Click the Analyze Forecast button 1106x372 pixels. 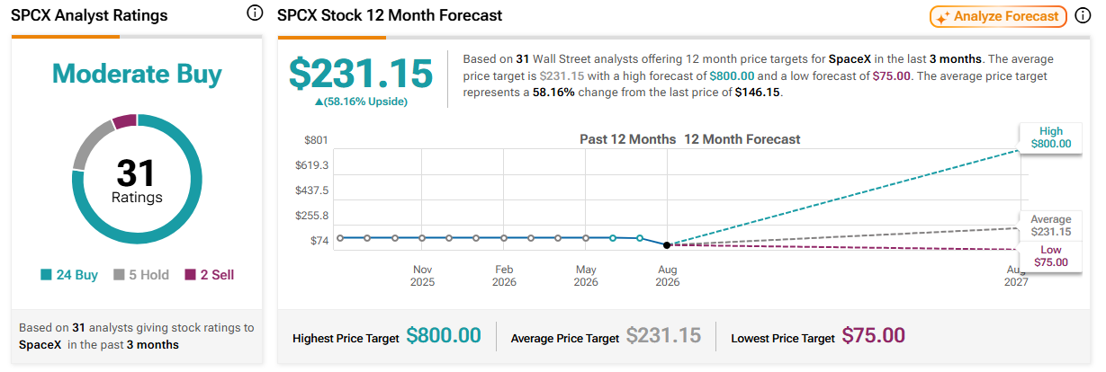[998, 16]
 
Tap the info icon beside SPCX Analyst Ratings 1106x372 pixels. [255, 13]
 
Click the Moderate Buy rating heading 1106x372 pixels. [137, 74]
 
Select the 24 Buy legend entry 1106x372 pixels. [69, 274]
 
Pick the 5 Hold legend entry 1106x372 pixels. [141, 274]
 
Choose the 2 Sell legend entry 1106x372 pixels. [210, 274]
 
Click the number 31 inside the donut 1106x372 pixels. [136, 173]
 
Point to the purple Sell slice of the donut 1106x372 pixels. [125, 121]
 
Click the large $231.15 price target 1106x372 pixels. [361, 74]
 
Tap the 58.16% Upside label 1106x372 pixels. [361, 102]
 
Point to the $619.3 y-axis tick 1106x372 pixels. [311, 165]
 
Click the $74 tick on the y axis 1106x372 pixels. [319, 241]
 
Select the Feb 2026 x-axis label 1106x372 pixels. [504, 276]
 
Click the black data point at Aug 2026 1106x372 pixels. [667, 245]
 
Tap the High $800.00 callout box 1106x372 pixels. [1051, 138]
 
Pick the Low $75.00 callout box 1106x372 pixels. [1051, 256]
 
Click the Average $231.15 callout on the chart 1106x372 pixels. [1051, 226]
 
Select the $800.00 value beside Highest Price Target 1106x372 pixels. [444, 335]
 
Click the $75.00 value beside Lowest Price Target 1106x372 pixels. [874, 335]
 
